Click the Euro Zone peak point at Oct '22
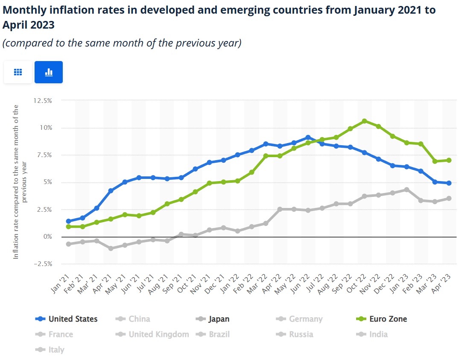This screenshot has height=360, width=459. click(364, 121)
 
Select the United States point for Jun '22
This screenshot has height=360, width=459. click(308, 138)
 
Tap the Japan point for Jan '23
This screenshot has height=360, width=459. click(406, 190)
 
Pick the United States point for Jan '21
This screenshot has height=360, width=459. click(68, 221)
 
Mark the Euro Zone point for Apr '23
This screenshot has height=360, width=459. click(449, 160)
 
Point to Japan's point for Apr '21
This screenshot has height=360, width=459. click(111, 248)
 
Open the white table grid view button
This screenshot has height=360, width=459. click(18, 72)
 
